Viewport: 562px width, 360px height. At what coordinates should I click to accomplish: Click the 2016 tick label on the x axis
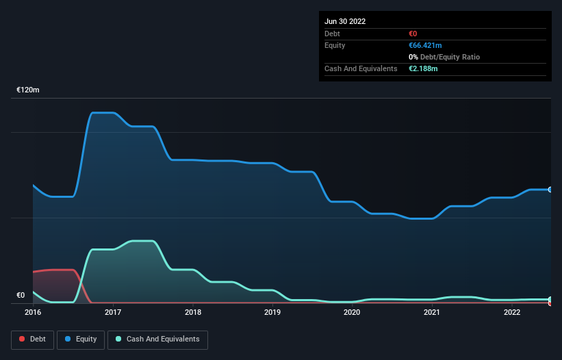[33, 312]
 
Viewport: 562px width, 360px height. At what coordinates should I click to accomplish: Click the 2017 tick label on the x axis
[113, 312]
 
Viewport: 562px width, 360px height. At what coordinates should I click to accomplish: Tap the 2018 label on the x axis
[193, 312]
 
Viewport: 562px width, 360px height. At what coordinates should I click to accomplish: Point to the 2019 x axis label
[272, 312]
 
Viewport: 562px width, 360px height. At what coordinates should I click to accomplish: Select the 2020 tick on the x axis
[352, 312]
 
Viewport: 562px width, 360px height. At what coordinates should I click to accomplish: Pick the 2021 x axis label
[432, 312]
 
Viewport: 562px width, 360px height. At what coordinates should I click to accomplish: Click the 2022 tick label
[511, 312]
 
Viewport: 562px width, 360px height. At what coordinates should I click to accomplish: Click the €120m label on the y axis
[28, 90]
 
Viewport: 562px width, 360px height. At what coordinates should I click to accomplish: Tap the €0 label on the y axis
[21, 296]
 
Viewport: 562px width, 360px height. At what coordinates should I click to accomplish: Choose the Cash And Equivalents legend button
[157, 339]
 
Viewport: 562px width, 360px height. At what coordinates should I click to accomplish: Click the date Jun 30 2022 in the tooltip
[345, 21]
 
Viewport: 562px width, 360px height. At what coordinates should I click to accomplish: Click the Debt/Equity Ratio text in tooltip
[448, 57]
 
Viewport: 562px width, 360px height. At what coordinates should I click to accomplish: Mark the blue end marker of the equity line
[550, 190]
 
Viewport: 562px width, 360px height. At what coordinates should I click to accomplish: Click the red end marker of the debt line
[550, 303]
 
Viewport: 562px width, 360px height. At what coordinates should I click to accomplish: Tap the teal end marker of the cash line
[550, 299]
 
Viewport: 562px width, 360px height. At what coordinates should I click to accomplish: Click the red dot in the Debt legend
[23, 339]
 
